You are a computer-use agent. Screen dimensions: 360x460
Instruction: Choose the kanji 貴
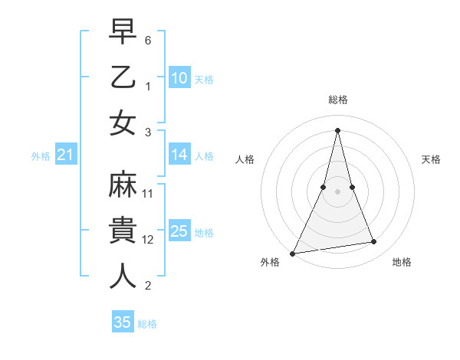123,232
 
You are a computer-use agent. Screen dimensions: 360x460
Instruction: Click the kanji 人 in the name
123,276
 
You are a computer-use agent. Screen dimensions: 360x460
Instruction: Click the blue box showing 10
179,77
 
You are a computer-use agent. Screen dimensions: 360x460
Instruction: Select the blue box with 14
179,155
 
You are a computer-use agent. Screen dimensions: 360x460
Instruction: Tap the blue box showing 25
179,231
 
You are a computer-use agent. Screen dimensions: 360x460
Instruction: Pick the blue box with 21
66,155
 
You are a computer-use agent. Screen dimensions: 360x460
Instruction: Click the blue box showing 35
123,322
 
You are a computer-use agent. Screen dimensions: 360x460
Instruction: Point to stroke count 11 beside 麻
149,194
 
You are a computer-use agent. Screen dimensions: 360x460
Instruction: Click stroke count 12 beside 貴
149,240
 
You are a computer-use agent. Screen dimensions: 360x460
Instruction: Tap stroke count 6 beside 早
149,39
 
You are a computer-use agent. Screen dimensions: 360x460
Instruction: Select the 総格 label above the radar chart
338,100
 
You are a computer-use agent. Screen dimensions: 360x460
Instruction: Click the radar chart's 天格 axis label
432,159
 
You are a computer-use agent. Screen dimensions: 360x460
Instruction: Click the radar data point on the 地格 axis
374,242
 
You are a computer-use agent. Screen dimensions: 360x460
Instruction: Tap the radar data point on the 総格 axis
338,129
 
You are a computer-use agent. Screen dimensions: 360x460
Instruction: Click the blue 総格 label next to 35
147,323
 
